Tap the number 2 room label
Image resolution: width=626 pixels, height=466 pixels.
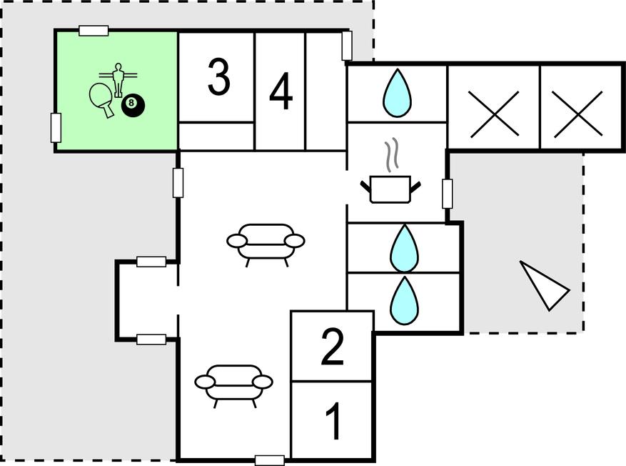click(x=333, y=347)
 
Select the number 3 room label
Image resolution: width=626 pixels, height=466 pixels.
click(x=218, y=78)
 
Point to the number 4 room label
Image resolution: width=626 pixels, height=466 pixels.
click(x=281, y=93)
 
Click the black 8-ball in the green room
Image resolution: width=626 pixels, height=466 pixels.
click(x=133, y=106)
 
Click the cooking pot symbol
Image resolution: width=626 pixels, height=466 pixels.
click(x=390, y=189)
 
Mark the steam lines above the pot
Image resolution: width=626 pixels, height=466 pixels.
click(x=390, y=156)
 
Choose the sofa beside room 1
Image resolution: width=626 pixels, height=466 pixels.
click(x=234, y=383)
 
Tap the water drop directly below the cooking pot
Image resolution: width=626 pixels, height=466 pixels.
click(x=403, y=247)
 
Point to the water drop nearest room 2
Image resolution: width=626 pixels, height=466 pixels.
click(x=403, y=299)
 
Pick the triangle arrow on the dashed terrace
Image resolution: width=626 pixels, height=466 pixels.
click(x=544, y=284)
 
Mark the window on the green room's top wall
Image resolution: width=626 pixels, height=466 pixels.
click(x=94, y=30)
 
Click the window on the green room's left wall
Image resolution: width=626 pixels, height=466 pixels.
click(x=55, y=127)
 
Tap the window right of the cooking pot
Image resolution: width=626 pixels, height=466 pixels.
click(x=448, y=194)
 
